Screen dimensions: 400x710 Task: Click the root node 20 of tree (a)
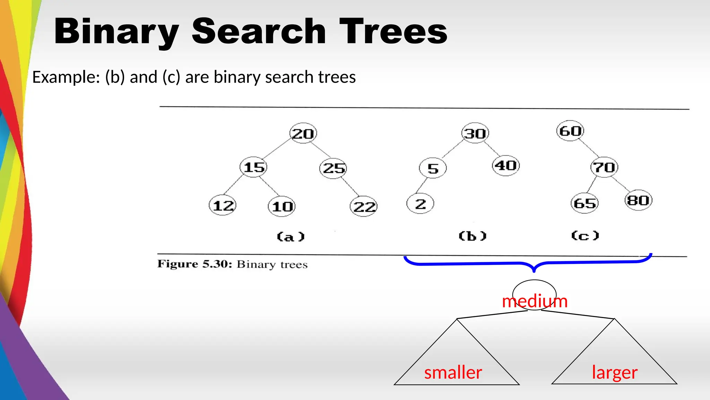click(303, 133)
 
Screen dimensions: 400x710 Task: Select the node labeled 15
click(253, 167)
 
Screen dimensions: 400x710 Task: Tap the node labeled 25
click(333, 168)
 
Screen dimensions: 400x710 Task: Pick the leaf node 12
click(223, 206)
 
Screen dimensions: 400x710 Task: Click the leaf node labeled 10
click(282, 207)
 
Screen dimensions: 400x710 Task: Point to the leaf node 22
click(364, 207)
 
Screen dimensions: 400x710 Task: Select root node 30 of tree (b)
click(475, 133)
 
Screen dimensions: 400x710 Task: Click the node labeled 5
click(433, 168)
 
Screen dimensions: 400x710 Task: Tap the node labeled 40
click(506, 166)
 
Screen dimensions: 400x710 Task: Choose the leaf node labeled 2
click(420, 204)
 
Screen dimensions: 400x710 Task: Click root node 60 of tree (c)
click(570, 131)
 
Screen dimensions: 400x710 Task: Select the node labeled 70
click(604, 167)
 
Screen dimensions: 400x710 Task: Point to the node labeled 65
click(585, 203)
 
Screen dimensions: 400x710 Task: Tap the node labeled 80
click(638, 200)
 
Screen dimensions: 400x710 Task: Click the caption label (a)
click(291, 237)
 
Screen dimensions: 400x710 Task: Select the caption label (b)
click(473, 236)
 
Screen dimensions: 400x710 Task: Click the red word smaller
click(453, 373)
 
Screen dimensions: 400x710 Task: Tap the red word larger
click(614, 373)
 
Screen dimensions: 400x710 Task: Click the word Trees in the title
click(393, 32)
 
